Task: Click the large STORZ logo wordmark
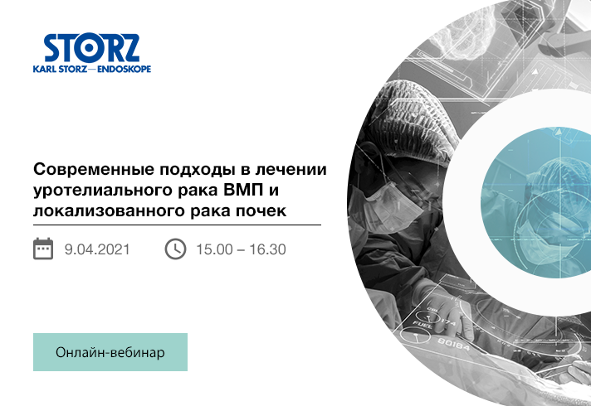tap(91, 48)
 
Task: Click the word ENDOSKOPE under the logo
tap(124, 69)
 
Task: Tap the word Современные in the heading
tap(94, 170)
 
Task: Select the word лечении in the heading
tap(291, 170)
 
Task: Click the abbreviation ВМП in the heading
tap(242, 190)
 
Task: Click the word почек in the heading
tap(261, 210)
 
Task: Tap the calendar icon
tap(43, 249)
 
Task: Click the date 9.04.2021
tap(97, 249)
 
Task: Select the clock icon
tap(175, 249)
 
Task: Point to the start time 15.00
tap(214, 249)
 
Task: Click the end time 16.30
tap(267, 249)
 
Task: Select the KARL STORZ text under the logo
tap(61, 69)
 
